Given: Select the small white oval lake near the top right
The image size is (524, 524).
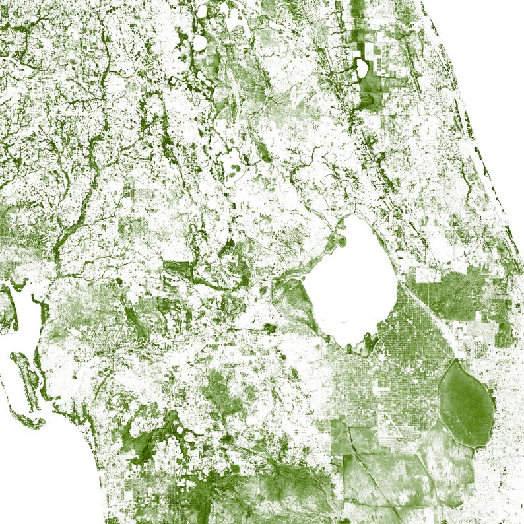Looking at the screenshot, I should (x=361, y=66).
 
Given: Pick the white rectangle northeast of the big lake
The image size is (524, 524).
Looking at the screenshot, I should (x=427, y=275).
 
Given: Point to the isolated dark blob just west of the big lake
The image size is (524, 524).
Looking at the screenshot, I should (x=269, y=327).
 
